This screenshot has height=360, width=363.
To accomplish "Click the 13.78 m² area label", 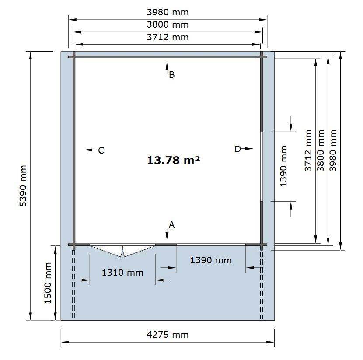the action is tap(173, 160).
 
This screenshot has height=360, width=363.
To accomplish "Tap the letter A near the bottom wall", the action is tap(171, 224).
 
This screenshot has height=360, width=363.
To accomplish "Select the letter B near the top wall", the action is tap(171, 75).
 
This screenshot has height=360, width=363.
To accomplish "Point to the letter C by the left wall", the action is tap(101, 150).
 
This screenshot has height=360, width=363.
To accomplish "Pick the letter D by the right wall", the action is tap(238, 149).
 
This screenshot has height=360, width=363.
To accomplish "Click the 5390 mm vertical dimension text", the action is tap(23, 185).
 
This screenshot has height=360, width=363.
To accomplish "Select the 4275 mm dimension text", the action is tap(168, 335).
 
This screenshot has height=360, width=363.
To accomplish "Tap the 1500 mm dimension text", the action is tap(48, 283).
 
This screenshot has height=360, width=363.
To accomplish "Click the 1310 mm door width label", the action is tap(122, 272).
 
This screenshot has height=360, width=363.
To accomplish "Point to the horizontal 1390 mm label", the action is tap(211, 260).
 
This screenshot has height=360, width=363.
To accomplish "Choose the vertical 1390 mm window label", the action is tap(283, 166).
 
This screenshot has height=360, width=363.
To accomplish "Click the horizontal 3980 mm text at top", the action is tap(168, 12).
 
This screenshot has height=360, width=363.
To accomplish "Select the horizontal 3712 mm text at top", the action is tap(168, 37).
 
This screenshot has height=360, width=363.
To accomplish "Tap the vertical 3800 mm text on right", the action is tap(321, 150).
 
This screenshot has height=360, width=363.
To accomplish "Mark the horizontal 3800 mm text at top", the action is tap(168, 24).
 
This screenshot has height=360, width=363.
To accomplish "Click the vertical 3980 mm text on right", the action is tap(333, 150).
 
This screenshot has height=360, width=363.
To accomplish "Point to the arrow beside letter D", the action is tap(247, 149).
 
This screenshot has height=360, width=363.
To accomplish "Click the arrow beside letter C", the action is tap(90, 150).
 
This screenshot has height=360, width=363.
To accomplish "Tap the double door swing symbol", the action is tap(122, 251).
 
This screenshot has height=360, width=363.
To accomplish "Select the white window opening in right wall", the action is tap(262, 166).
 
